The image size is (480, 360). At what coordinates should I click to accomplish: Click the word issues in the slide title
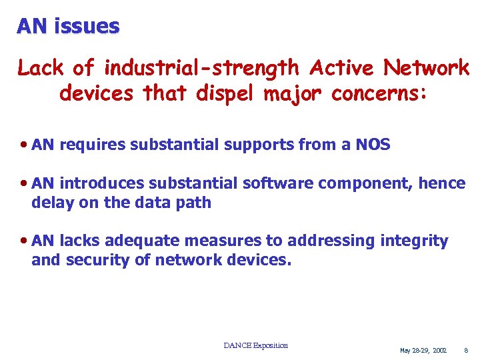pos(87,26)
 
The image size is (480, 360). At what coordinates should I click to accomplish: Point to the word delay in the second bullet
pos(53,203)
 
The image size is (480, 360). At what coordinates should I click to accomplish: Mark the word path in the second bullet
pos(194,203)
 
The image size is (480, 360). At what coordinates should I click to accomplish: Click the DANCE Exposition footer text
pos(256,345)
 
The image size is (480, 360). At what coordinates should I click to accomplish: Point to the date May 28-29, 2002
pos(423,350)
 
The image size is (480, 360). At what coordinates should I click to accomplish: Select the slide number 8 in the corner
pos(466,350)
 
